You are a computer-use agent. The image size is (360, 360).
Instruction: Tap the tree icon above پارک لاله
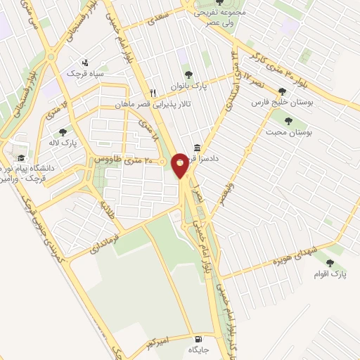pos(63,131)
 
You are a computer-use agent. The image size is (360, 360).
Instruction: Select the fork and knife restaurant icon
pos(153,93)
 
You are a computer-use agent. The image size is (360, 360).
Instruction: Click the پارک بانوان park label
pos(188,86)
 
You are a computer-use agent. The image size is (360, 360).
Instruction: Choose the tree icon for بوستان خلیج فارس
pos(282,91)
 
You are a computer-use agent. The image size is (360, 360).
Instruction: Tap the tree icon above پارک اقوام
pos(330,263)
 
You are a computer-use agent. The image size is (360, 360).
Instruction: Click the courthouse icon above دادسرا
pos(196,148)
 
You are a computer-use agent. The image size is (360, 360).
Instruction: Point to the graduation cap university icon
pos(20,158)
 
